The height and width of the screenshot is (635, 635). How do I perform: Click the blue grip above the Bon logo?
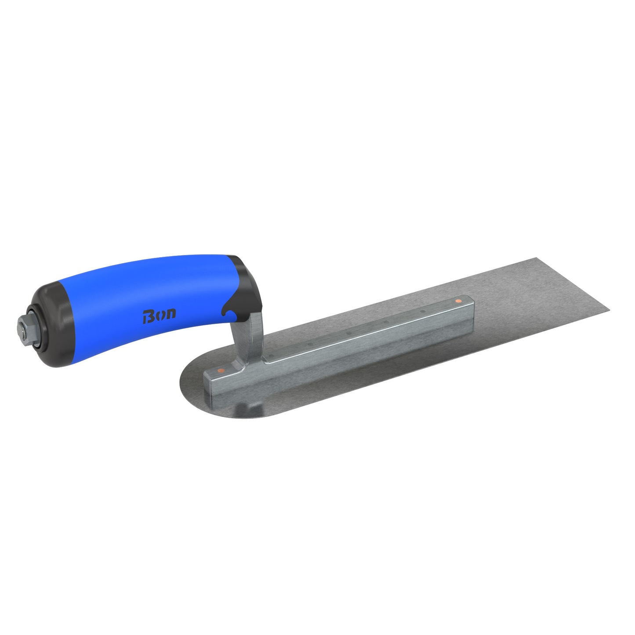[149, 281]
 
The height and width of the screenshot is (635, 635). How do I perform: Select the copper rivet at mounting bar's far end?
[458, 301]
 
